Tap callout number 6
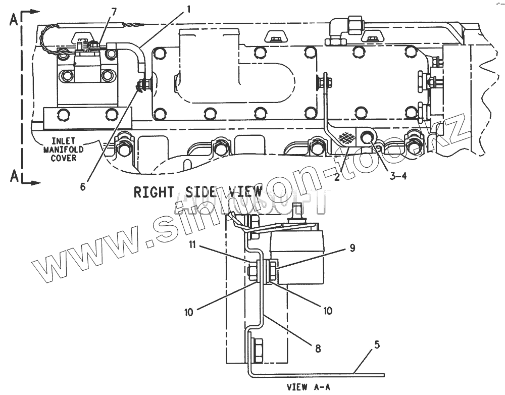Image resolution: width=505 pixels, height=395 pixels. (83, 186)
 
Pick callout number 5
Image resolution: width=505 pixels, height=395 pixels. (377, 345)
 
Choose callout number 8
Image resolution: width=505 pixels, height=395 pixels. (317, 348)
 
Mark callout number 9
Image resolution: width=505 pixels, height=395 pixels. (352, 248)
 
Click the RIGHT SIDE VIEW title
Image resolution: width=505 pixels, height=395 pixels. (197, 192)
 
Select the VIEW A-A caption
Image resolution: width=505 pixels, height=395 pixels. (309, 387)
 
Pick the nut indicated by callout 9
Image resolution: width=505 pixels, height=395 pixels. (272, 270)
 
